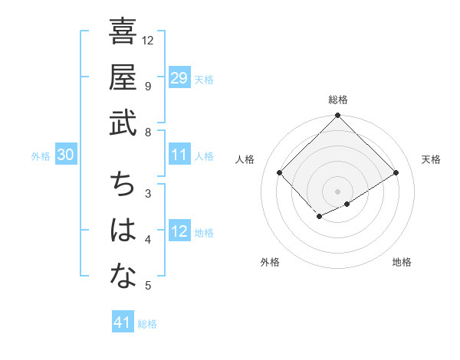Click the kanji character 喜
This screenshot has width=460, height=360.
pyautogui.click(x=123, y=33)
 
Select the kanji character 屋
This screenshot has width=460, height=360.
pyautogui.click(x=123, y=77)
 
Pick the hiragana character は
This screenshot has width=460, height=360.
pyautogui.click(x=123, y=231)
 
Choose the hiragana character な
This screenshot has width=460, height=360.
pyautogui.click(x=123, y=277)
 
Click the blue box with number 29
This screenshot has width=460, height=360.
pyautogui.click(x=179, y=77)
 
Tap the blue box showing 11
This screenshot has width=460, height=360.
pyautogui.click(x=179, y=155)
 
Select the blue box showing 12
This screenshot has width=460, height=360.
pyautogui.click(x=179, y=231)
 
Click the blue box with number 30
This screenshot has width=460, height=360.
pyautogui.click(x=65, y=155)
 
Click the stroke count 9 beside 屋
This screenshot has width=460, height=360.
pyautogui.click(x=148, y=86)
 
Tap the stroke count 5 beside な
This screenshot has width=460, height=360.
pyautogui.click(x=148, y=286)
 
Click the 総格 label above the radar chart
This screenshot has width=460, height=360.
pyautogui.click(x=338, y=100)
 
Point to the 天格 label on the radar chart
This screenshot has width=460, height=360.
pyautogui.click(x=431, y=159)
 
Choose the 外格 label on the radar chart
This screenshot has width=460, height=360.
pyautogui.click(x=270, y=263)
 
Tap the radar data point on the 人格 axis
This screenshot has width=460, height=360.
pyautogui.click(x=280, y=172)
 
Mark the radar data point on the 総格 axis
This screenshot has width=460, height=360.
pyautogui.click(x=338, y=116)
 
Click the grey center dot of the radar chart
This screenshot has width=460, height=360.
pyautogui.click(x=338, y=191)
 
